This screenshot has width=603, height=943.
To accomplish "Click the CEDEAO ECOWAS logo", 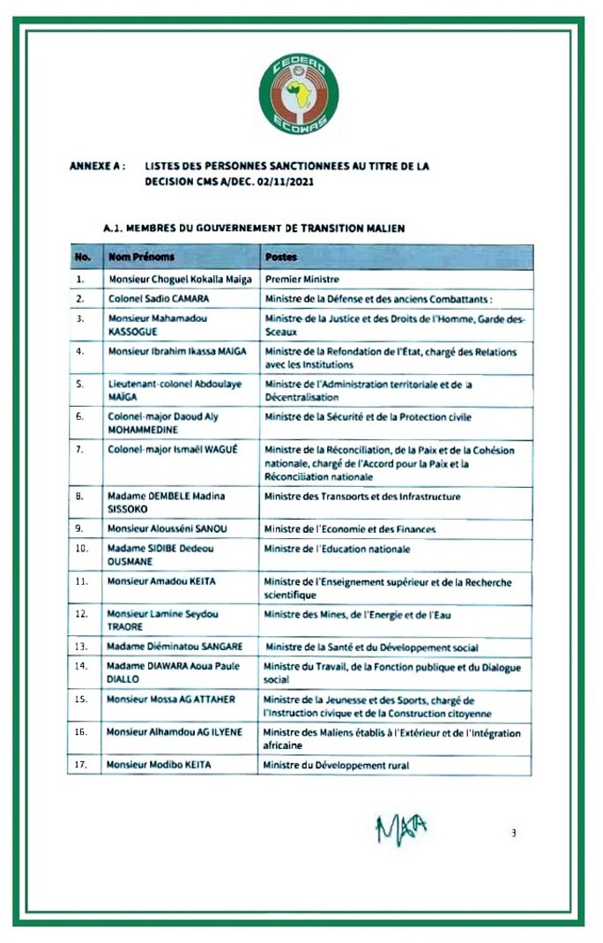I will [x=299, y=94].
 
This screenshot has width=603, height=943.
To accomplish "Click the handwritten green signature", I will [x=402, y=828].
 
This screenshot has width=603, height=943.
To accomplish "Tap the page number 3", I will [x=513, y=831].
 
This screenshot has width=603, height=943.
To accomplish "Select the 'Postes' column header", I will [x=281, y=257].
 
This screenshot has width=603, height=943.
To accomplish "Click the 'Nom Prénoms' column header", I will [x=141, y=257].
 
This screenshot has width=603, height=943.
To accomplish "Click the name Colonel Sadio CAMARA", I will [x=159, y=298].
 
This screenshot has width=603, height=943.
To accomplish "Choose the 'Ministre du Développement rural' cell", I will [x=336, y=765].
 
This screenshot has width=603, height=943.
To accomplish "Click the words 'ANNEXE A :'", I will [x=96, y=165].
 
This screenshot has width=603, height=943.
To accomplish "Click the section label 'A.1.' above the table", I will [x=111, y=228].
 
